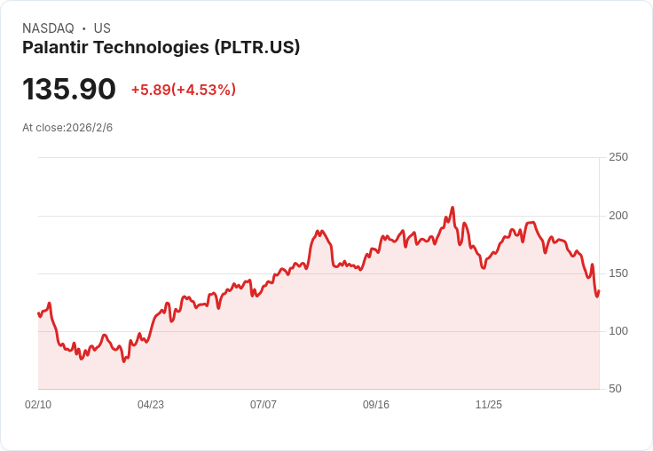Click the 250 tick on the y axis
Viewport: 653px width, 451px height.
tap(618, 157)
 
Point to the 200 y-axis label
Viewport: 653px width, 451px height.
tap(618, 216)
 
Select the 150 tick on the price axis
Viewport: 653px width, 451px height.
tap(618, 273)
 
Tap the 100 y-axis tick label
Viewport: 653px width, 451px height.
tap(618, 331)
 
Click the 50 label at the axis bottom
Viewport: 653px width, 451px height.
tap(615, 389)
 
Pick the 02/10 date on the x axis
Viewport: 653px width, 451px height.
tap(38, 405)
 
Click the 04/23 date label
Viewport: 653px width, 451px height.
tap(151, 405)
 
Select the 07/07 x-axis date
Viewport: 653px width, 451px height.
tap(264, 405)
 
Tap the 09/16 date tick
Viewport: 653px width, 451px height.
tap(376, 405)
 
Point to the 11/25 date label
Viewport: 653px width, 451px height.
tap(489, 405)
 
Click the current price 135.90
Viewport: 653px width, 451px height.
tap(69, 90)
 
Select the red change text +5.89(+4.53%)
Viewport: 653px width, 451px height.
tap(183, 90)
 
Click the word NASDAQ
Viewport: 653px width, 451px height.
tap(48, 28)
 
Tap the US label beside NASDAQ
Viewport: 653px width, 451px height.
tap(102, 28)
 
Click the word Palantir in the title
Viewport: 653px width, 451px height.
tap(56, 48)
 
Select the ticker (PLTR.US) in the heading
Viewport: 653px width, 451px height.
tap(256, 48)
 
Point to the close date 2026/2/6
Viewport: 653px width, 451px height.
tap(90, 128)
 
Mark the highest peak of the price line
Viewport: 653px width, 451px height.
tap(452, 208)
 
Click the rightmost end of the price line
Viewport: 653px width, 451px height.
tap(599, 291)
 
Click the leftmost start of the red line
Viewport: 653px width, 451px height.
tap(38, 313)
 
